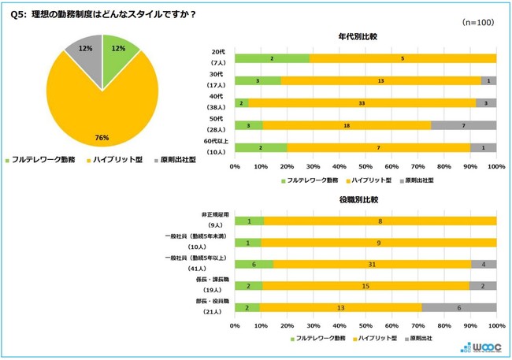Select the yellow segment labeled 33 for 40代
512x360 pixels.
point(362,102)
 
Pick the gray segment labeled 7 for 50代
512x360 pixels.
point(463,124)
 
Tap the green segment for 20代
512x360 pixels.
point(272,58)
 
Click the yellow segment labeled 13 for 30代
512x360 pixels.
point(380,80)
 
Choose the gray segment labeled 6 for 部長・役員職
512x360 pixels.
point(458,307)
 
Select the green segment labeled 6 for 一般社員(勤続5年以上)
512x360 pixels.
point(254,264)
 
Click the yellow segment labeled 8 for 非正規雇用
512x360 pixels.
point(380,221)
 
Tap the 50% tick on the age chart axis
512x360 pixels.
point(365,167)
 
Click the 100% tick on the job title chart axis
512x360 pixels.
point(495,325)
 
